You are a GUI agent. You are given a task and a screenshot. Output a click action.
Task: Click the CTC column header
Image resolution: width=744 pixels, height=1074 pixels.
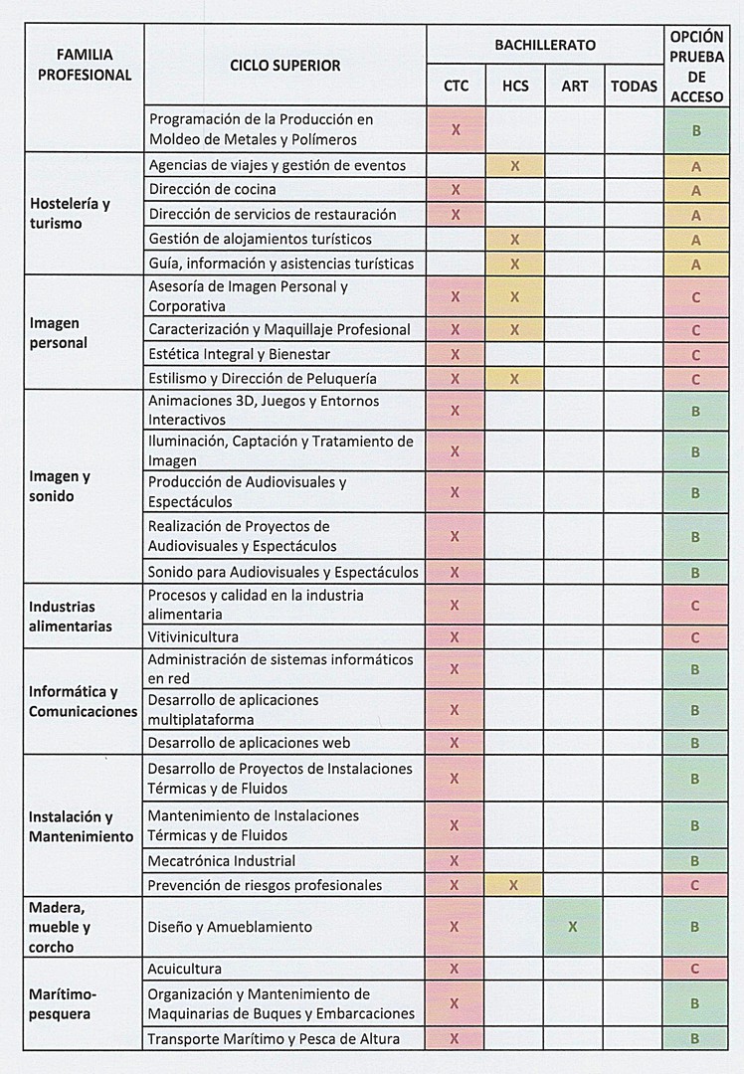[456, 86]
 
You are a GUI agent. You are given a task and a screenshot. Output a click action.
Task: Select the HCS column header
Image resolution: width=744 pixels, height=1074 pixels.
[515, 86]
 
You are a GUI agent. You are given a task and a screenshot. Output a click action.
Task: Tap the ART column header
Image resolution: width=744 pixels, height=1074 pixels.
[574, 86]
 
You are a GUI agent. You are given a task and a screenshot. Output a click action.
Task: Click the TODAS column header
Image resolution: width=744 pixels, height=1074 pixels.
[634, 86]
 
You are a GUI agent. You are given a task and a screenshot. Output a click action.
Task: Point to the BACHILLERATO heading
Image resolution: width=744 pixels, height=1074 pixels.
[545, 45]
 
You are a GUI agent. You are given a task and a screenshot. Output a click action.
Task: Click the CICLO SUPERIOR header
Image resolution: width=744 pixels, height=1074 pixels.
[284, 66]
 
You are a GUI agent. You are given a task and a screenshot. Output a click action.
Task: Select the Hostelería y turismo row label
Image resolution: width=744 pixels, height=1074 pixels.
[70, 213]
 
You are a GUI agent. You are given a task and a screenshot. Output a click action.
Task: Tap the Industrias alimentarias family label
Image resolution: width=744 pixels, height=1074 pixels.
[70, 616]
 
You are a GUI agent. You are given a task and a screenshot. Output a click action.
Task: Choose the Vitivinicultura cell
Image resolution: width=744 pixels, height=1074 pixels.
[193, 636]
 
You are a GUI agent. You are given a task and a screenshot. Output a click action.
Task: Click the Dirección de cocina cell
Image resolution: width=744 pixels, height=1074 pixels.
[212, 189]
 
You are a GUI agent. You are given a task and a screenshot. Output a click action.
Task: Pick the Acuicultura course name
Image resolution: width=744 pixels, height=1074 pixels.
[184, 969]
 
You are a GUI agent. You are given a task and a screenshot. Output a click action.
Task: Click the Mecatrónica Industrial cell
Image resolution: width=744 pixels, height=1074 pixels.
[221, 860]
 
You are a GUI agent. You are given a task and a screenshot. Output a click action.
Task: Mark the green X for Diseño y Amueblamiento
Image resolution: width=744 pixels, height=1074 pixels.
[572, 927]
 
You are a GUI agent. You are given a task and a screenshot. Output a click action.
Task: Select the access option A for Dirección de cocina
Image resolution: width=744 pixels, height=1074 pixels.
[695, 190]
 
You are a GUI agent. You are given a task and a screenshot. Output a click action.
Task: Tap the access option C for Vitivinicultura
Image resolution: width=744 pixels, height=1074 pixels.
[695, 637]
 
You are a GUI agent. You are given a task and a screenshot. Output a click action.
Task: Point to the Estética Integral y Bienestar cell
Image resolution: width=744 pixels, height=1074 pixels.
[239, 354]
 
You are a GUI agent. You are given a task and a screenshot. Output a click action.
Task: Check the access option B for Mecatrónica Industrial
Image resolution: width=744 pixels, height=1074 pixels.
[695, 861]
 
